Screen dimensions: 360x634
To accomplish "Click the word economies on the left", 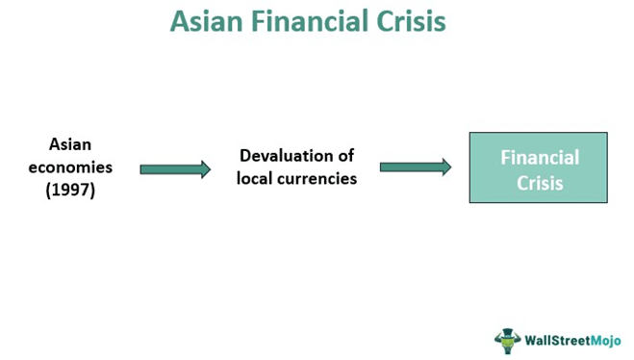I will (x=70, y=167).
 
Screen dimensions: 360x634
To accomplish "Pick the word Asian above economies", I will (x=70, y=144).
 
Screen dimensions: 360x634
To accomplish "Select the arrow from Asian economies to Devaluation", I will (x=175, y=169).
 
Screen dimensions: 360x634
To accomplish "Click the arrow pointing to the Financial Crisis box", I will (x=416, y=167).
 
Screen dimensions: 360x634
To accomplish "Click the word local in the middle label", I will (x=255, y=178).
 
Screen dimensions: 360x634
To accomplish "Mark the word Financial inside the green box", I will (x=539, y=157).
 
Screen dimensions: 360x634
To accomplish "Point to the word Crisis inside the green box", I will (x=539, y=181).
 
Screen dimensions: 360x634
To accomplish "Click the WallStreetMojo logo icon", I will (x=508, y=340).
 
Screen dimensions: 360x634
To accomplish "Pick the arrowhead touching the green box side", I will (x=445, y=167).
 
